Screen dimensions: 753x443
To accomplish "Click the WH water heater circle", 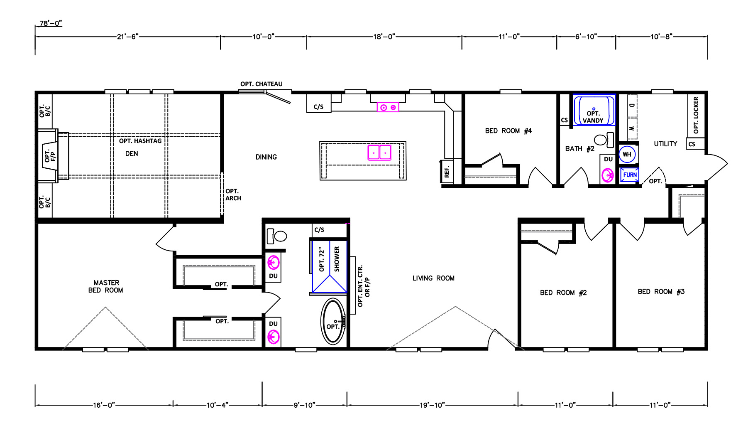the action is (627, 155).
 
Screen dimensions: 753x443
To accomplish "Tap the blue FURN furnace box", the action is (629, 175).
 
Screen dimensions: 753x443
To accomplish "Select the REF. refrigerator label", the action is (447, 172).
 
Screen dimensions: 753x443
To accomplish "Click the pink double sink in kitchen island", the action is (379, 153).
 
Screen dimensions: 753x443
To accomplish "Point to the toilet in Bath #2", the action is (604, 140).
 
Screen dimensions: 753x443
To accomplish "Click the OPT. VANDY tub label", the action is (593, 117).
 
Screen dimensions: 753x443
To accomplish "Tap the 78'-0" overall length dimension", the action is (51, 23).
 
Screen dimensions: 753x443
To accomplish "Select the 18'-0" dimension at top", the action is (384, 37).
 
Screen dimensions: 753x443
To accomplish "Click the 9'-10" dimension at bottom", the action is (305, 405).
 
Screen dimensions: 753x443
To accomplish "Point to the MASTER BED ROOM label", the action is (106, 286).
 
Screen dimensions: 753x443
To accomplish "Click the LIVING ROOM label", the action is (433, 278).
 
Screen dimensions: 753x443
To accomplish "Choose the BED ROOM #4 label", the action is (509, 131).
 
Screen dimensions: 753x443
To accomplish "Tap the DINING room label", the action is (266, 157).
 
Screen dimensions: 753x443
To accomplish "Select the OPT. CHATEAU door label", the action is (262, 84).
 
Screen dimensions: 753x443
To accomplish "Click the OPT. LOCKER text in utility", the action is (696, 115).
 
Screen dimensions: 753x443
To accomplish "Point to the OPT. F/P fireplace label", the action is (50, 156).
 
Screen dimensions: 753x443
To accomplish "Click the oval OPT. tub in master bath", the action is (333, 321).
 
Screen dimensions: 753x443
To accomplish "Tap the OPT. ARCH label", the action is (233, 195).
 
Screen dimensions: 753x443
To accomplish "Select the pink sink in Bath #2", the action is (608, 175).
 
